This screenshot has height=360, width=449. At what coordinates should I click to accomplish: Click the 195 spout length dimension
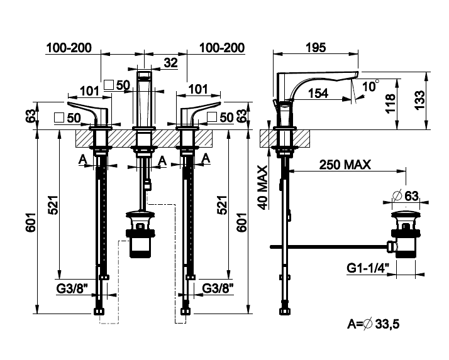click(316, 48)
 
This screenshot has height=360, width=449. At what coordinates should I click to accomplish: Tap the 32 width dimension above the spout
click(170, 63)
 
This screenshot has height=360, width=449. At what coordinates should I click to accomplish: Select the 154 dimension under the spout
click(318, 93)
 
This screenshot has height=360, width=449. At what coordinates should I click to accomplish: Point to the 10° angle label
click(370, 86)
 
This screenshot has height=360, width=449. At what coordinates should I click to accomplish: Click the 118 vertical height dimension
click(391, 104)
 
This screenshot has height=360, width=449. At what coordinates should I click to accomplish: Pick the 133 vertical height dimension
click(420, 100)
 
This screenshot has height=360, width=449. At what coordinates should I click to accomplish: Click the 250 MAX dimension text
click(345, 165)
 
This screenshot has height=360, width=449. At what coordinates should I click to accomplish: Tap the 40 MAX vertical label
click(263, 187)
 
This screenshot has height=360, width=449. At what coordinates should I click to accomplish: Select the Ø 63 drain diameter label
click(406, 196)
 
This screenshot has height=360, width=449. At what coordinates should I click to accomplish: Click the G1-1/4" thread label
click(368, 268)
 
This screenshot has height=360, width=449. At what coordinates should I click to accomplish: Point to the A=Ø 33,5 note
click(373, 324)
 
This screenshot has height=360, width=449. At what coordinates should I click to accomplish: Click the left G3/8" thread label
click(72, 288)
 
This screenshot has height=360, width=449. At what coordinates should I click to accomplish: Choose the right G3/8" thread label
click(218, 288)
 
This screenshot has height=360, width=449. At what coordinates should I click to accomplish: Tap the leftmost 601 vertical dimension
click(31, 222)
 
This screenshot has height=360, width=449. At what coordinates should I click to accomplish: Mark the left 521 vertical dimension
click(53, 205)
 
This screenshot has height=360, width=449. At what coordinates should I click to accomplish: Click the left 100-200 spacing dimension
click(69, 48)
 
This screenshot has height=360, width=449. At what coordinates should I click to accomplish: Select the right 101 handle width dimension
click(198, 89)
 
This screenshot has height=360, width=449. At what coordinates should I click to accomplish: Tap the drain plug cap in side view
click(406, 214)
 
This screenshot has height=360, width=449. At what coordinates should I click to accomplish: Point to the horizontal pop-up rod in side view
click(329, 247)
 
